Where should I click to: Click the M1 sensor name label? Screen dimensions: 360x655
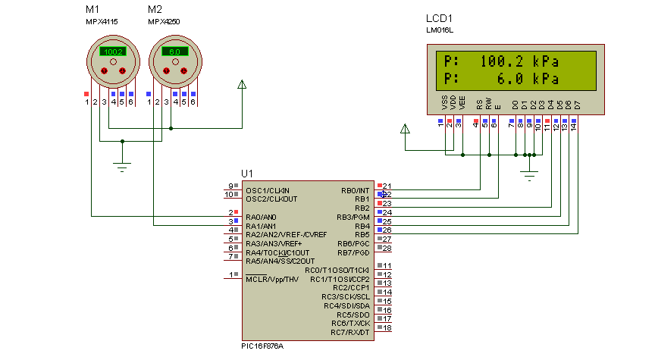pyautogui.click(x=92, y=9)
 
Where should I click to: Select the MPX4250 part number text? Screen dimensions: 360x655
pyautogui.click(x=164, y=22)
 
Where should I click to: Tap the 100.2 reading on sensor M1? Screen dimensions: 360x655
pyautogui.click(x=112, y=52)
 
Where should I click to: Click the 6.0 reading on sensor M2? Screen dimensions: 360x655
pyautogui.click(x=174, y=52)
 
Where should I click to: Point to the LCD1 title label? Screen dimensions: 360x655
pyautogui.click(x=440, y=17)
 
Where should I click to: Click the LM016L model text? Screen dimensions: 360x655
pyautogui.click(x=440, y=30)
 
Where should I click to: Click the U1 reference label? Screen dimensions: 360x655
pyautogui.click(x=247, y=174)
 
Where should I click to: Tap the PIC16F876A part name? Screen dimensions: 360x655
pyautogui.click(x=262, y=346)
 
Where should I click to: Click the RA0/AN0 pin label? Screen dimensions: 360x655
pyautogui.click(x=262, y=217)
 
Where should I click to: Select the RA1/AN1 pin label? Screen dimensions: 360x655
pyautogui.click(x=262, y=226)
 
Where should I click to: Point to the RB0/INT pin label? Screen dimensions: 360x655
pyautogui.click(x=355, y=190)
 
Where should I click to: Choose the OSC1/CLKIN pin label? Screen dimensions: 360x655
pyautogui.click(x=268, y=189)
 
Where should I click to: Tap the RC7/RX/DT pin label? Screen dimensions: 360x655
pyautogui.click(x=350, y=332)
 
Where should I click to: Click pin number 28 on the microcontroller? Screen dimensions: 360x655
pyautogui.click(x=387, y=248)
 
